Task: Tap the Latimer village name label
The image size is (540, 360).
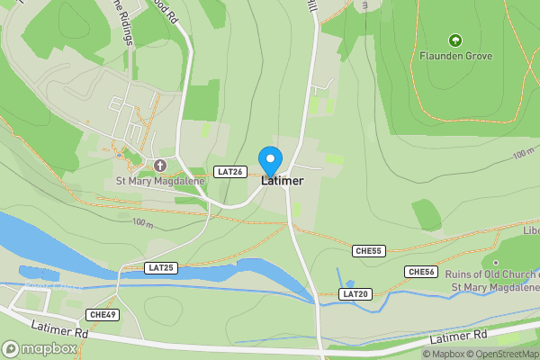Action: pyautogui.click(x=283, y=181)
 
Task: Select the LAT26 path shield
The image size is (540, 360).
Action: pyautogui.click(x=230, y=172)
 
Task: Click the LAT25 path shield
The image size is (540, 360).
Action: pyautogui.click(x=161, y=267)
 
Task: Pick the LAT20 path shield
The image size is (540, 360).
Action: pyautogui.click(x=355, y=294)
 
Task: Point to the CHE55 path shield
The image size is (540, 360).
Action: pyautogui.click(x=369, y=251)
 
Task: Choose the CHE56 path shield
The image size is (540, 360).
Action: pyautogui.click(x=421, y=272)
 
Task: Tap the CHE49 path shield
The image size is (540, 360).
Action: pyautogui.click(x=103, y=314)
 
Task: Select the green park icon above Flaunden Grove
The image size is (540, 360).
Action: pyautogui.click(x=454, y=40)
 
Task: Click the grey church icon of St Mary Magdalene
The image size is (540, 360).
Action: pyautogui.click(x=160, y=166)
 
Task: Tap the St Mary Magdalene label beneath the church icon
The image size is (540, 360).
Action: pyautogui.click(x=160, y=181)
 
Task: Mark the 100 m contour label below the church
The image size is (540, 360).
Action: pyautogui.click(x=142, y=221)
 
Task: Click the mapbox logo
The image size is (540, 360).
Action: pyautogui.click(x=39, y=348)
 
